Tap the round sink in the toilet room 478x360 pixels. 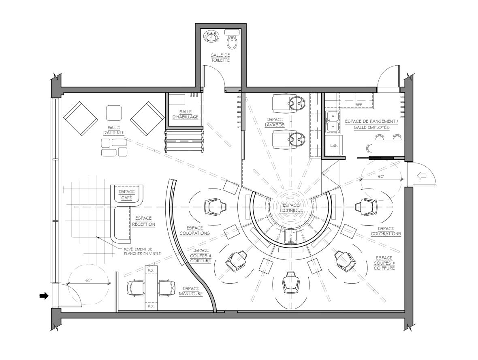pyautogui.click(x=211, y=36)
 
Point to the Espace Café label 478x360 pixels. pyautogui.click(x=126, y=195)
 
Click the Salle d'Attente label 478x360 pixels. pyautogui.click(x=114, y=130)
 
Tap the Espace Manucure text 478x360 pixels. pyautogui.click(x=191, y=291)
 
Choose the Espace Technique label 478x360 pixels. pyautogui.click(x=291, y=208)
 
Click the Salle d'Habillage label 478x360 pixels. pyautogui.click(x=186, y=114)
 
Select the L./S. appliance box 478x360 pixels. pyautogui.click(x=334, y=146)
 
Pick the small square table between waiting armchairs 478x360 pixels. pyautogui.click(x=114, y=113)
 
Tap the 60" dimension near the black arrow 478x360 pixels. pyautogui.click(x=89, y=280)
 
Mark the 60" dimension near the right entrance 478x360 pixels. pyautogui.click(x=381, y=176)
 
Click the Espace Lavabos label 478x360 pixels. pyautogui.click(x=274, y=122)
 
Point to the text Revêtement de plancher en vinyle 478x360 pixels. pyautogui.click(x=142, y=251)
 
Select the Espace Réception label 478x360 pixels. pyautogui.click(x=143, y=221)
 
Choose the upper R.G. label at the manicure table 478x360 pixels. pyautogui.click(x=151, y=270)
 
